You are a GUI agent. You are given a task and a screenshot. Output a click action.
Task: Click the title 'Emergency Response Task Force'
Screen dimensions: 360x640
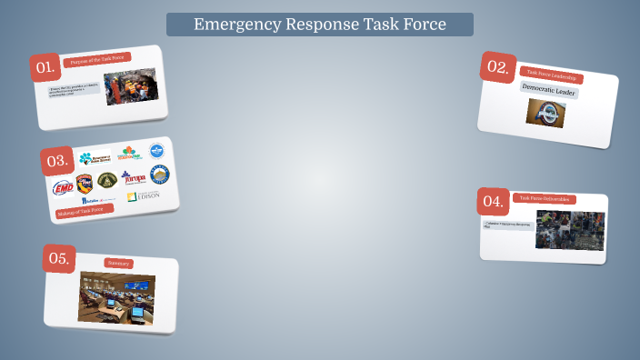click(319, 25)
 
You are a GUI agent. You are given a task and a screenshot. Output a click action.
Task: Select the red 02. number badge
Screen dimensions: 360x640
click(497, 66)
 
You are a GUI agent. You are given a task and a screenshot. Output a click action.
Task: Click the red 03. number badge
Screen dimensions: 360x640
click(57, 162)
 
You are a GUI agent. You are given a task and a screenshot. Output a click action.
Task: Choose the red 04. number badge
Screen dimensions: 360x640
click(493, 201)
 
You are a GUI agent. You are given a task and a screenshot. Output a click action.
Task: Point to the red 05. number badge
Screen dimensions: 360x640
click(59, 258)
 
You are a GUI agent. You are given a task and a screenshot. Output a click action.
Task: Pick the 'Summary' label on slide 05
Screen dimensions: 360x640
click(118, 263)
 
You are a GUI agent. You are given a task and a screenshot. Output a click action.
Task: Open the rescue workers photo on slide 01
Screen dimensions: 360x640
click(131, 88)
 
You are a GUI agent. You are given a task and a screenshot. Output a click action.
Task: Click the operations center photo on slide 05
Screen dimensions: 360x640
click(116, 298)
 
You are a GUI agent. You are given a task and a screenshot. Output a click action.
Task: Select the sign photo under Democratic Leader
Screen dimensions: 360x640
click(545, 113)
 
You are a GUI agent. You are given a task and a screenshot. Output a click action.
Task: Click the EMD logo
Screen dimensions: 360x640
click(64, 187)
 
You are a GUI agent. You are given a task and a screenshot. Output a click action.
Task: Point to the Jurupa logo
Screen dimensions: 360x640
click(133, 177)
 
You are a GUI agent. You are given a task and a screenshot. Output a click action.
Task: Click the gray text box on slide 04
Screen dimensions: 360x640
click(507, 225)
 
